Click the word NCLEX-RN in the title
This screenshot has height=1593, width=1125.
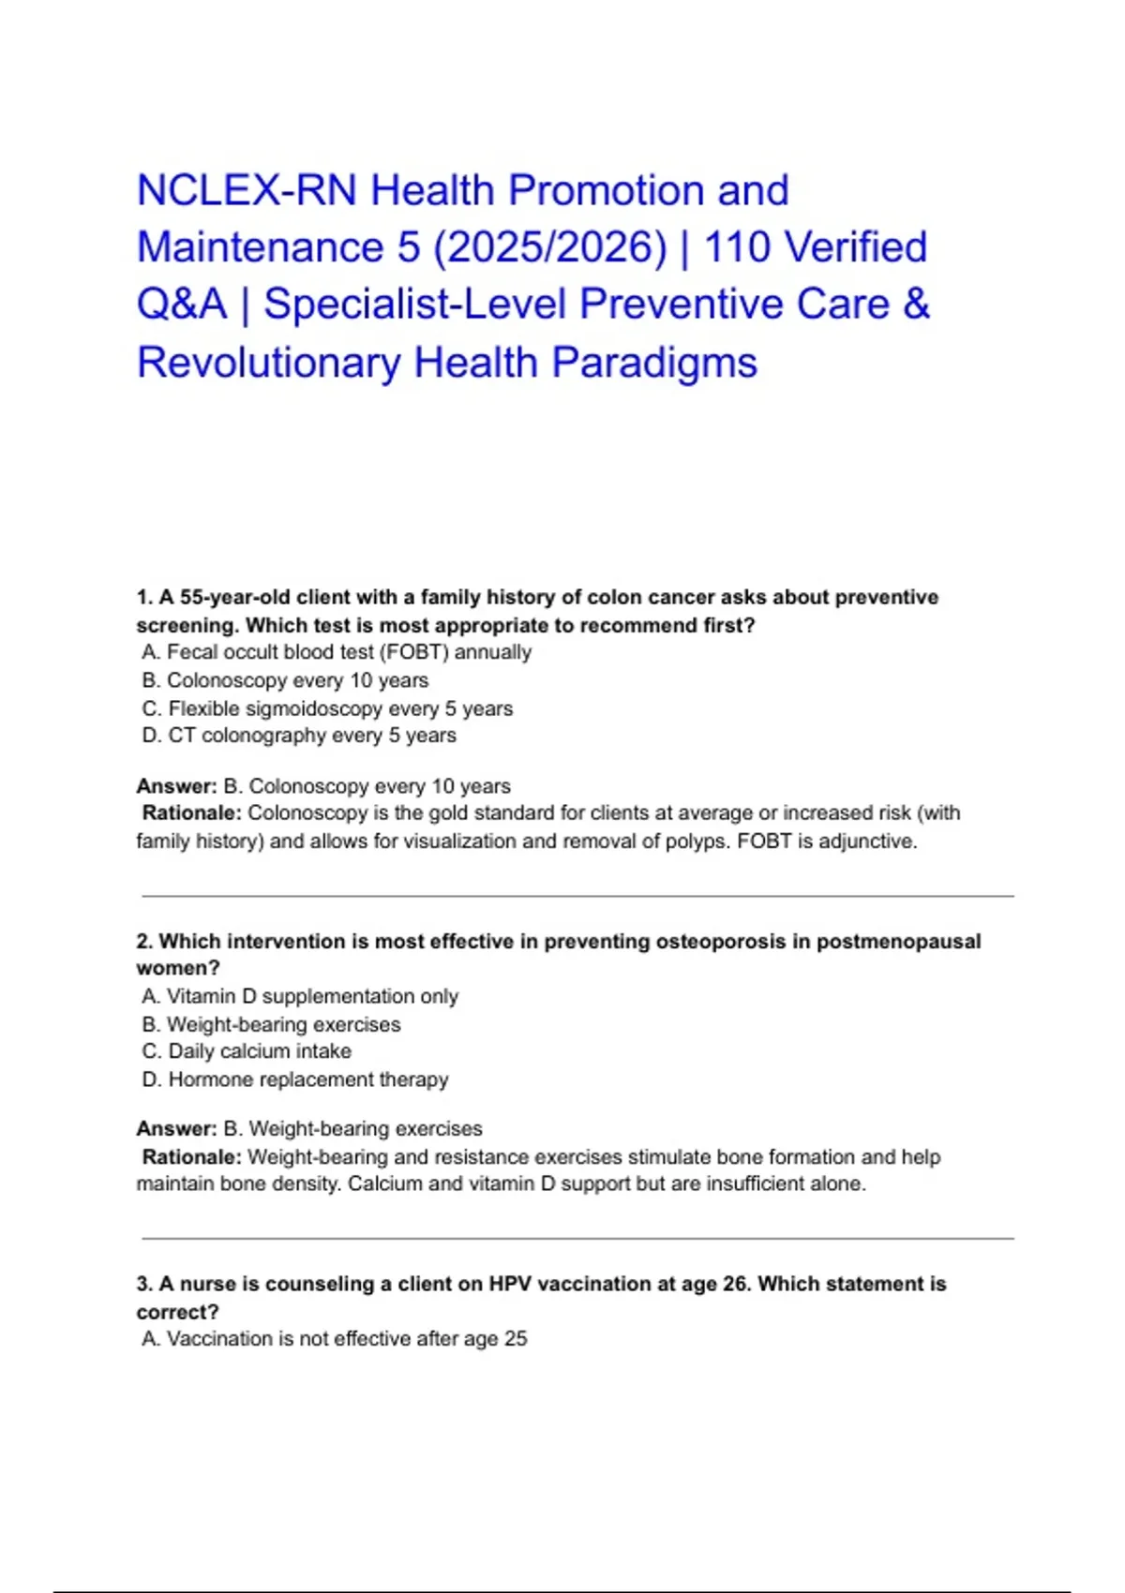coord(246,190)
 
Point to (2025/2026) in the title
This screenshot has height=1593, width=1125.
coord(549,248)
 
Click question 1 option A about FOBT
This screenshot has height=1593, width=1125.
coord(337,652)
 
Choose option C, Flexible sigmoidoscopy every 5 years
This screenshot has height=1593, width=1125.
coord(327,708)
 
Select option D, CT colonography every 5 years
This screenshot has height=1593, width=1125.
coord(299,736)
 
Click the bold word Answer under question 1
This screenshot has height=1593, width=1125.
coord(175,786)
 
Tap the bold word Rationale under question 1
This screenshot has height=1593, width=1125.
coord(191,813)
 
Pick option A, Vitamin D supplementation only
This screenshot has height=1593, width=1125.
coord(300,996)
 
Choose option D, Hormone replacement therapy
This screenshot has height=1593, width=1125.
coord(295,1079)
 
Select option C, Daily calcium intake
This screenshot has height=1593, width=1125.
coord(247,1051)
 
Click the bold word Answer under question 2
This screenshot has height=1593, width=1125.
coord(175,1129)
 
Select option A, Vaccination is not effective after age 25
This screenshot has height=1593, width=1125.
coord(335,1339)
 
